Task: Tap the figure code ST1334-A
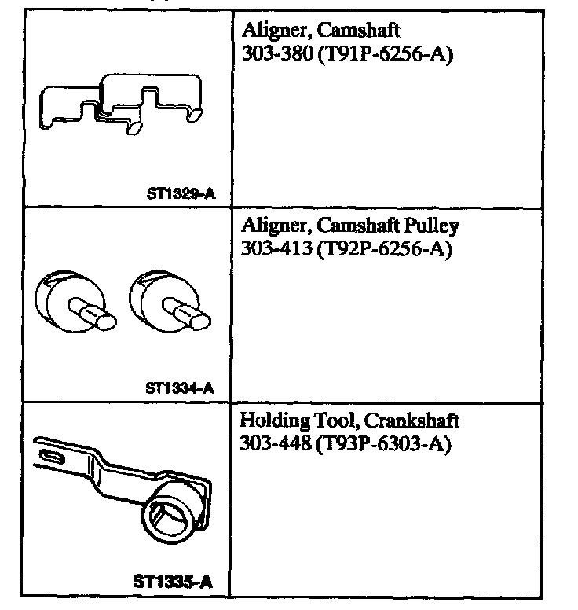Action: tap(180, 387)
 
